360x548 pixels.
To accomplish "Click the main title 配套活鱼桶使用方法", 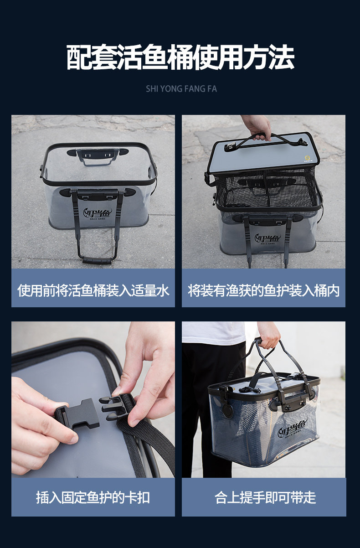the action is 180,57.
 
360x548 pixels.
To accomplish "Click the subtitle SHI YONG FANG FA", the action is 181,89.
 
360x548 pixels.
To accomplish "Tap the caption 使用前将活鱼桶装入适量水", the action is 93,290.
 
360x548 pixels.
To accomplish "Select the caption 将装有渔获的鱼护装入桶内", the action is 264,290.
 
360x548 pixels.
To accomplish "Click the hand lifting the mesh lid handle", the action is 257,127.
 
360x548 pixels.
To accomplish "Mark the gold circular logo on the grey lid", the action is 307,158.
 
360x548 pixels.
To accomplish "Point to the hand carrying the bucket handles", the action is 268,335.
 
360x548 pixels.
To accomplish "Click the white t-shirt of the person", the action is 214,333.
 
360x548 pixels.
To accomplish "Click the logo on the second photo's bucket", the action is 268,238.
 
